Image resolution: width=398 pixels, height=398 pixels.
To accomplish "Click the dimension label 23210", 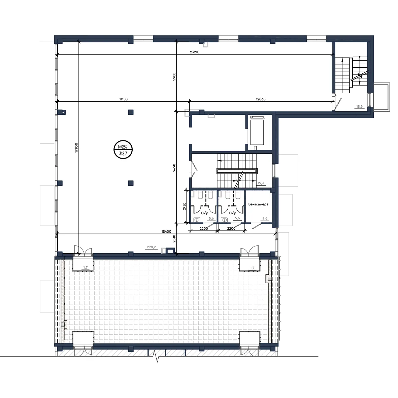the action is click(195, 52).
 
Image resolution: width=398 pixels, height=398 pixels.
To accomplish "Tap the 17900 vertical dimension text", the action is click(76, 148).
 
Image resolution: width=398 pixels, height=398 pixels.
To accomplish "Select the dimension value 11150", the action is click(123, 99).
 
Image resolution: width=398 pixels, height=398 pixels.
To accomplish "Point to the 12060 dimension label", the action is click(261, 99).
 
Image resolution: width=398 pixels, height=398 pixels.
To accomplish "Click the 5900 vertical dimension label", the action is click(174, 77).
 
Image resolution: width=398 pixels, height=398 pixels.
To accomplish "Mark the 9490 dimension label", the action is click(174, 168).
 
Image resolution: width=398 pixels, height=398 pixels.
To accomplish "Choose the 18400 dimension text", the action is click(166, 231).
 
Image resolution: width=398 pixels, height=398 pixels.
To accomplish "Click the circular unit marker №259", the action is click(123, 150).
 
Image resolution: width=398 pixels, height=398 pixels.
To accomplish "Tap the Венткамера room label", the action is click(258, 204).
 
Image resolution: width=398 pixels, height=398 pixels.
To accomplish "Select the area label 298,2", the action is click(151, 247).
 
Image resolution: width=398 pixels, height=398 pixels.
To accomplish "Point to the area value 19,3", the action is click(261, 183).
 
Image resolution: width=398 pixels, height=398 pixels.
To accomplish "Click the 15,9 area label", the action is click(359, 107).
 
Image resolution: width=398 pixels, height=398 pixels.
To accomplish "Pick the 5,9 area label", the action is click(265, 219).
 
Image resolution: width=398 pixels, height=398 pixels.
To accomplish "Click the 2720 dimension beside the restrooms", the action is click(185, 206).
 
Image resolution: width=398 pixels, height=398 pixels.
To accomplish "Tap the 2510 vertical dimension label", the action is click(174, 239).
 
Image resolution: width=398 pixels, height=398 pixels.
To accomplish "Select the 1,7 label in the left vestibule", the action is click(85, 268).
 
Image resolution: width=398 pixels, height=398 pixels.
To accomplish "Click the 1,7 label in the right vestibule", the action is click(252, 268).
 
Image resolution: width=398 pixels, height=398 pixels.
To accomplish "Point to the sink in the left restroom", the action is click(197, 220).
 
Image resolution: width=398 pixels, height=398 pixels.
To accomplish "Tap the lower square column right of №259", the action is click(131, 183).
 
